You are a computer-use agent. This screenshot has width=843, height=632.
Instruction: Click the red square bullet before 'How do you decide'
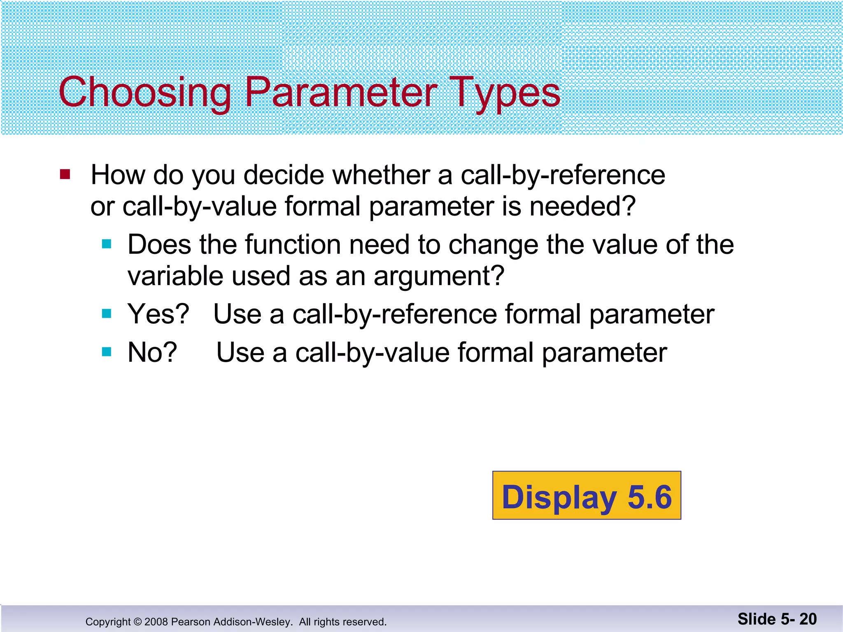pyautogui.click(x=65, y=174)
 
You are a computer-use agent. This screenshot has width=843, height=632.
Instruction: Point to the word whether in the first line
pyautogui.click(x=381, y=175)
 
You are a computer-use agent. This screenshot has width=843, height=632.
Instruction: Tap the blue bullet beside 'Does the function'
pyautogui.click(x=107, y=244)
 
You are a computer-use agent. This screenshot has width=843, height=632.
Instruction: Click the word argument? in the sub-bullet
pyautogui.click(x=439, y=276)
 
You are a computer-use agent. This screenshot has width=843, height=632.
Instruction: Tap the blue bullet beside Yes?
pyautogui.click(x=107, y=314)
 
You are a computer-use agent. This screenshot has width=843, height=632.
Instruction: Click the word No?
pyautogui.click(x=152, y=353)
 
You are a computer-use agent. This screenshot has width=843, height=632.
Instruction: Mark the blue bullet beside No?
pyautogui.click(x=107, y=352)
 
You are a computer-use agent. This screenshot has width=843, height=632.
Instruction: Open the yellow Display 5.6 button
pyautogui.click(x=587, y=495)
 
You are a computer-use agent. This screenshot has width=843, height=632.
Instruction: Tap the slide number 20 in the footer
pyautogui.click(x=808, y=619)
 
